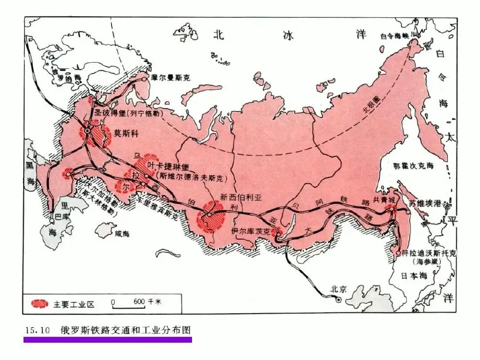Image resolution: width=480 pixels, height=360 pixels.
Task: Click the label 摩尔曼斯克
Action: [x=171, y=77]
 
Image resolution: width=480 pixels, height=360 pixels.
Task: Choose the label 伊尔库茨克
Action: [x=251, y=231]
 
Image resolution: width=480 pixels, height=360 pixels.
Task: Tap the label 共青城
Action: [x=384, y=200]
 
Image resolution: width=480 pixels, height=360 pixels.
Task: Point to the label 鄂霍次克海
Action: [x=413, y=166]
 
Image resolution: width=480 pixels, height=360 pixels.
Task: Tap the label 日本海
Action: [x=413, y=276]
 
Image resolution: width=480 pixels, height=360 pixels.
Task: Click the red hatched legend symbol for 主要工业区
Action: [x=40, y=304]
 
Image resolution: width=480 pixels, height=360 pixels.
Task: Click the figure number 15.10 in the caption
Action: [x=34, y=330]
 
